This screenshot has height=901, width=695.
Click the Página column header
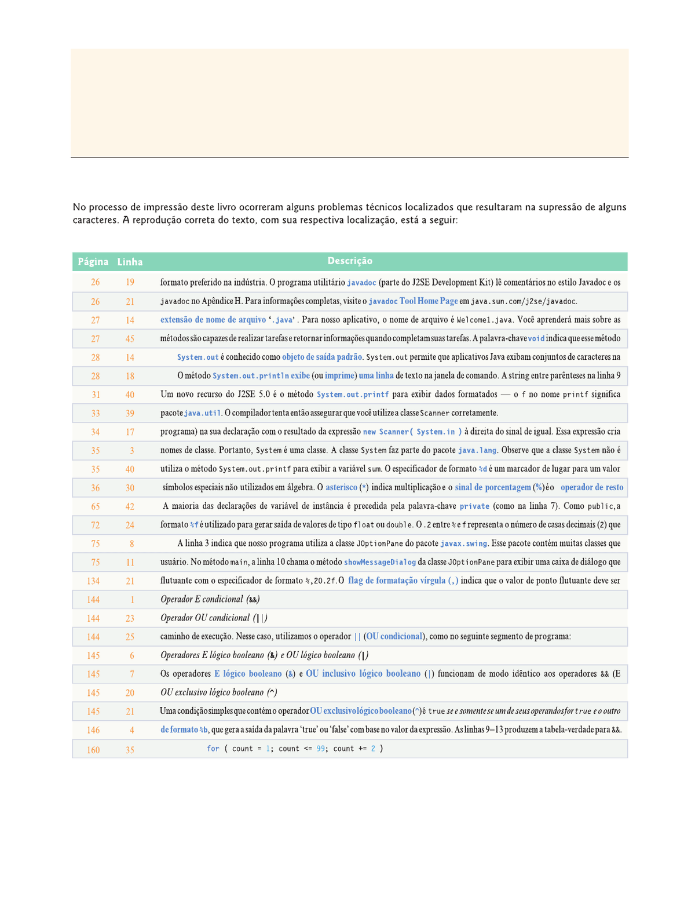[93, 262]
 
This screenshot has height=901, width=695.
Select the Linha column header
[130, 262]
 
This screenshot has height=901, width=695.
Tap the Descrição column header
[350, 261]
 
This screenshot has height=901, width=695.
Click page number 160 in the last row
[93, 750]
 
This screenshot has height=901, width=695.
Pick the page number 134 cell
[93, 581]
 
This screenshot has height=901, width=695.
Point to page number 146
[93, 730]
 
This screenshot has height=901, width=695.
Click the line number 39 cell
[130, 413]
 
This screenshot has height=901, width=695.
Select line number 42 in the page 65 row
[130, 506]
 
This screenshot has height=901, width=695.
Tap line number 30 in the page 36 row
[130, 488]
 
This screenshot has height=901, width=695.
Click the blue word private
[474, 506]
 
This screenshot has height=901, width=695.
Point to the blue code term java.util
[202, 413]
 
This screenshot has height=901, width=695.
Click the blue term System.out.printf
[353, 395]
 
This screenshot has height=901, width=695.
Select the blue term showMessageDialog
[380, 562]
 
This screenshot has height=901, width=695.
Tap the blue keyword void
[536, 338]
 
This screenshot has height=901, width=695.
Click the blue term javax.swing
[463, 543]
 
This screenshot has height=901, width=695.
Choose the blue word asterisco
[341, 487]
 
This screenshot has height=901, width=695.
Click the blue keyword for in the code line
[213, 749]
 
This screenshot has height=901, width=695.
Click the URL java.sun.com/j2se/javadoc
[524, 301]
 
